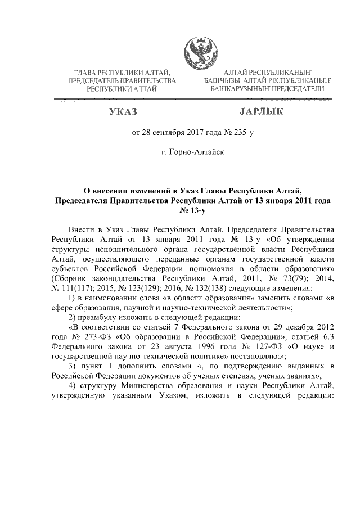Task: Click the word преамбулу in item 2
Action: pyautogui.click(x=102, y=316)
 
